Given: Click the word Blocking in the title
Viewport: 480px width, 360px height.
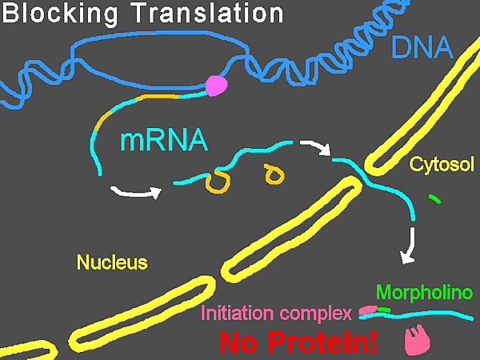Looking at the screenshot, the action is [x=60, y=13].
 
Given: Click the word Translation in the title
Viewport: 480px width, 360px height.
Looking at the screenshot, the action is [x=209, y=12].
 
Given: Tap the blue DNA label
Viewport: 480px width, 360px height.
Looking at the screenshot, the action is [x=422, y=47].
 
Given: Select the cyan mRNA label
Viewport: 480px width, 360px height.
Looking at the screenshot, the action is [x=164, y=141].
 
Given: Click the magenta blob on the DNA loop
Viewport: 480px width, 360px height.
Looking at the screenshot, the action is [x=217, y=86].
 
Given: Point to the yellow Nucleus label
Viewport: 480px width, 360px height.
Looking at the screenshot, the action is [x=112, y=262].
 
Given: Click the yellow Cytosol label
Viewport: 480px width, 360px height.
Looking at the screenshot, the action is [x=442, y=164].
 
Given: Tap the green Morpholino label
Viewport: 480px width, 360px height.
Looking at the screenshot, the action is [x=424, y=293].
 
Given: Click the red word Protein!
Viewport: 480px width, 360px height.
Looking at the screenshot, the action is [x=322, y=342].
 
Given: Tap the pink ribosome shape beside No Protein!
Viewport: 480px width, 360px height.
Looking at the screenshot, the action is [x=417, y=340].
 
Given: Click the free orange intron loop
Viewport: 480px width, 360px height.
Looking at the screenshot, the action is [x=274, y=174].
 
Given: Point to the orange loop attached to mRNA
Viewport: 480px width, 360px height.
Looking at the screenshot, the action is [x=218, y=183].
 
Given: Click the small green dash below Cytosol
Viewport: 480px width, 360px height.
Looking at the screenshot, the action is [x=434, y=199].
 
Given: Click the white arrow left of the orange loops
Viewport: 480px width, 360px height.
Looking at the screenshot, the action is [x=136, y=193].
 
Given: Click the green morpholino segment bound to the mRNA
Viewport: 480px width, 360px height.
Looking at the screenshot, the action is [x=384, y=310].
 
